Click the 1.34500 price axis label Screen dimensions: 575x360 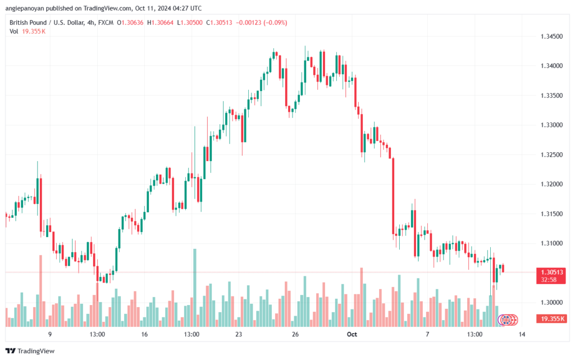tap(551, 37)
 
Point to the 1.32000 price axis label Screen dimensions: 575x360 tap(551, 184)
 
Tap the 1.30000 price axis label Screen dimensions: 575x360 tap(551, 303)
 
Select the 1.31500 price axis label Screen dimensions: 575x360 tap(551, 214)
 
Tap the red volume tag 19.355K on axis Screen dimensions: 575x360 tap(551, 318)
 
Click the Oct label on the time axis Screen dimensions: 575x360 tap(352, 334)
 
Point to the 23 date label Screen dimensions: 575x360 tap(239, 334)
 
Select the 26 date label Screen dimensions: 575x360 tap(295, 334)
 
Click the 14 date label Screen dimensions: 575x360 tap(522, 334)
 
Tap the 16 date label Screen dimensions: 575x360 tap(144, 334)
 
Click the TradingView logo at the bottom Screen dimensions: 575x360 tap(30, 351)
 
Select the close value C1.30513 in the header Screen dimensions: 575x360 tap(219, 22)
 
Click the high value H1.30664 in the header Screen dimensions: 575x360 tap(160, 22)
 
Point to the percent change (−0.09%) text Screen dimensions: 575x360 tap(275, 22)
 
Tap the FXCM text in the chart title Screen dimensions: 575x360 tap(106, 22)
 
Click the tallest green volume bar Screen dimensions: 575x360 tap(195, 288)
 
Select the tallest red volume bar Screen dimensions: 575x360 tap(40, 291)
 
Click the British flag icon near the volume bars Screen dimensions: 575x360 tap(506, 320)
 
